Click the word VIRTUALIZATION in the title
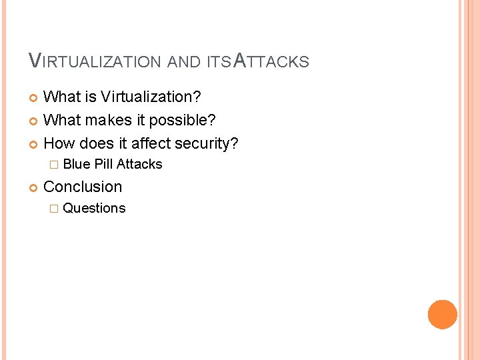(x=95, y=61)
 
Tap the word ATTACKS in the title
(x=272, y=61)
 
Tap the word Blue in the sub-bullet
(x=77, y=164)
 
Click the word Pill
(x=104, y=164)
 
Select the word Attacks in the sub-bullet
(x=139, y=164)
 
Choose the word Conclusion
(x=83, y=187)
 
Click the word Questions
(x=94, y=208)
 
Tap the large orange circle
(x=443, y=315)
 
